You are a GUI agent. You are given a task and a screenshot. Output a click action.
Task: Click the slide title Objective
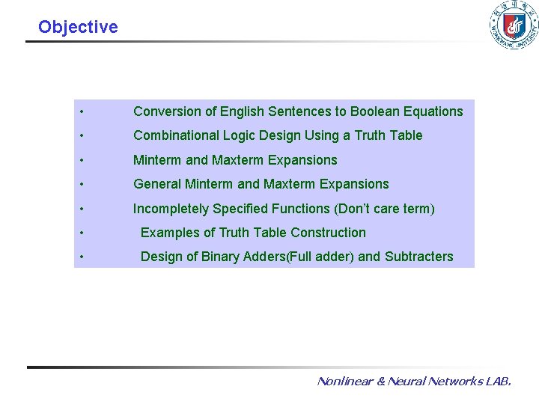[78, 27]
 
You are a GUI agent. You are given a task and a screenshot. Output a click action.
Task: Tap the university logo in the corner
[513, 25]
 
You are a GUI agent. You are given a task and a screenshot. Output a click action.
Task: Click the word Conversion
[167, 111]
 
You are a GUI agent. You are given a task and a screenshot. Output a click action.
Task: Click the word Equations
[433, 111]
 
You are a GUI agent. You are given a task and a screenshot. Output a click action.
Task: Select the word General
[156, 184]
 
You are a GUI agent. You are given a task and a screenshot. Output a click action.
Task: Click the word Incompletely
[170, 208]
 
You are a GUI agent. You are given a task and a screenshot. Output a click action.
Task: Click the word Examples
[167, 233]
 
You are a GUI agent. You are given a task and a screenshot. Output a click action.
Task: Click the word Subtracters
[418, 257]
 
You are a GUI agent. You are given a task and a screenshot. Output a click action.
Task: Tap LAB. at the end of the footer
[498, 381]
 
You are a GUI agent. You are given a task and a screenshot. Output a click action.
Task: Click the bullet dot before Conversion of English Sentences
[80, 112]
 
